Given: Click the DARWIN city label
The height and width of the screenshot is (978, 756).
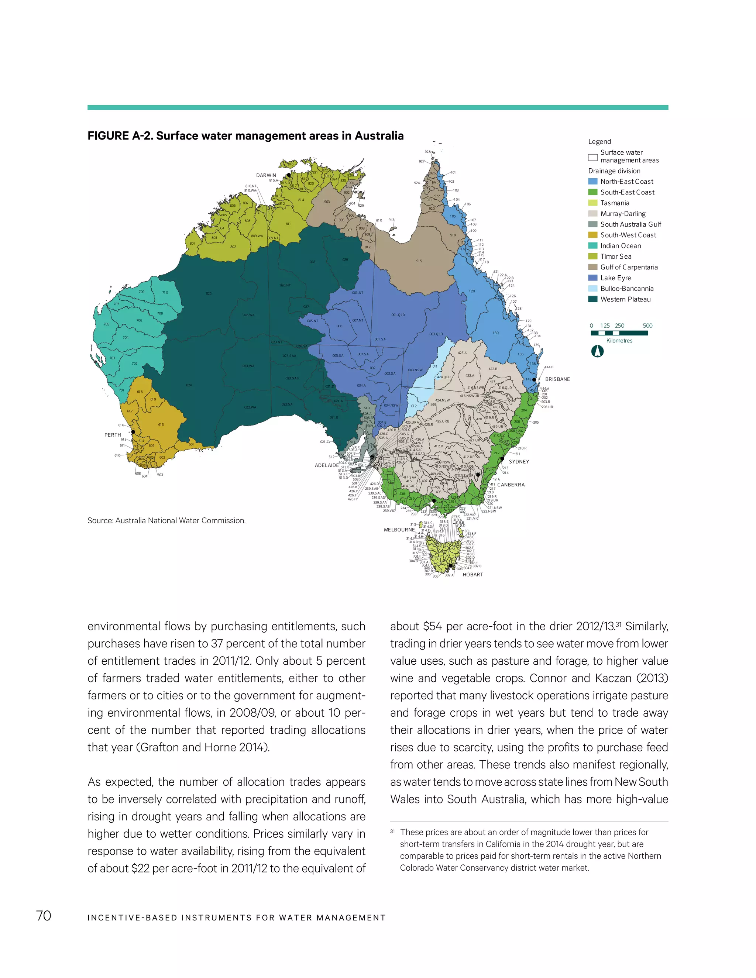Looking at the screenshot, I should pos(266,175).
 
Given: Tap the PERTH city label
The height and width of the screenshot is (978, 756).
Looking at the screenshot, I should pos(113,434).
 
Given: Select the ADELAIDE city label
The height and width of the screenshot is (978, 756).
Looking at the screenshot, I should pos(326,465).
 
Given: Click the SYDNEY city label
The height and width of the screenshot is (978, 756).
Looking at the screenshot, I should pos(519,461).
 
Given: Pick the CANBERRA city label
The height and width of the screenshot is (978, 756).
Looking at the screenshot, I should pos(511,485).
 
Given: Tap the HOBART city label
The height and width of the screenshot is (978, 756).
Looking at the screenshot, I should pos(472,574).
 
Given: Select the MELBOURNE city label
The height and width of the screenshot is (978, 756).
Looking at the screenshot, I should pos(399,529).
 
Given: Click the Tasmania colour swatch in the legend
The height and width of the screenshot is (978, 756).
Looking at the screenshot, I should pos(592,203).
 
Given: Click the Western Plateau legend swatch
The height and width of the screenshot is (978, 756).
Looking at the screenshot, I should pos(592,299).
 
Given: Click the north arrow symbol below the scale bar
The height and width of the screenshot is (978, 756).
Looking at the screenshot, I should pos(598,351).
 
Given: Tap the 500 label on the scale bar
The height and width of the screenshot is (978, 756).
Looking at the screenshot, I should pos(647,326).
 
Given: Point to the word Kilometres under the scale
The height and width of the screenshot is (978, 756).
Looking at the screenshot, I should pos(619,340).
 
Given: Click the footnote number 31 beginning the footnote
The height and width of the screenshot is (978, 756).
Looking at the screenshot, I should pos(393,831).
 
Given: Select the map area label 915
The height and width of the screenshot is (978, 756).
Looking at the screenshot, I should pos(419,261).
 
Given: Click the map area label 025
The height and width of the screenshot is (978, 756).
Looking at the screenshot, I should pos(209,293).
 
